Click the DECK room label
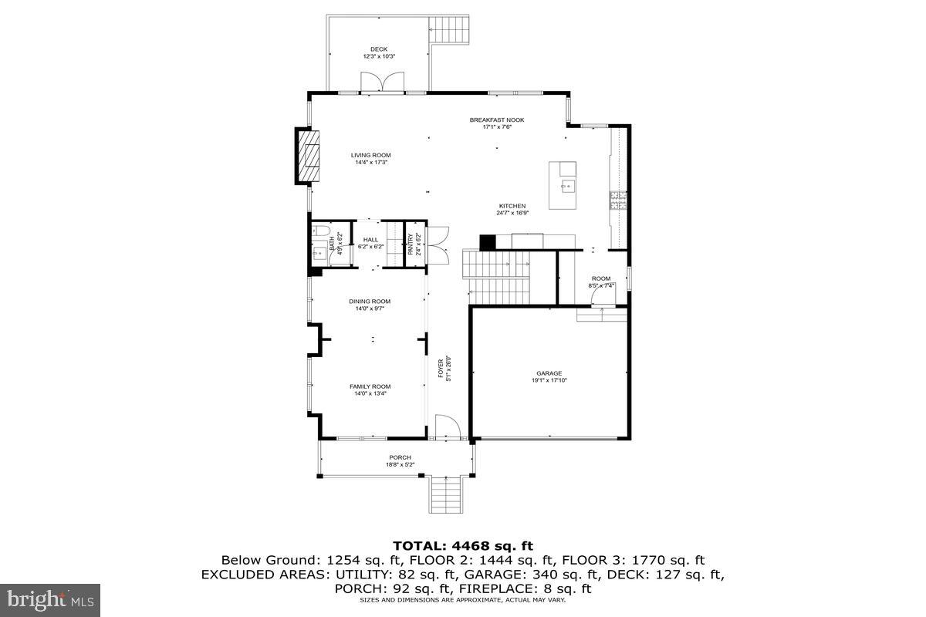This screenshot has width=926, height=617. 379,49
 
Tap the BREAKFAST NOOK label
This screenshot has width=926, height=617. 497,120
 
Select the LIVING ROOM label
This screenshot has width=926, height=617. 371,155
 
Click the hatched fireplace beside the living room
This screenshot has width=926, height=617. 309,157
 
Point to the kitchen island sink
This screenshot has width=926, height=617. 567,184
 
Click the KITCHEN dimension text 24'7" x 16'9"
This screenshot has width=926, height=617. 512,213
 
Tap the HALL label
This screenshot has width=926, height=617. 371,240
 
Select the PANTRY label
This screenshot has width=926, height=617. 411,244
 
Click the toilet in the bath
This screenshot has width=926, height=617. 320,231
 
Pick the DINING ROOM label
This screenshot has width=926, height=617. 370,302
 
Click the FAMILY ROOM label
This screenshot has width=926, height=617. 370,386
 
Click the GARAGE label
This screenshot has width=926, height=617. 549,373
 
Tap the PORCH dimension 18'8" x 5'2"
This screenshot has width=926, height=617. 400,464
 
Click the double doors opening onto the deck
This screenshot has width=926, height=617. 382,82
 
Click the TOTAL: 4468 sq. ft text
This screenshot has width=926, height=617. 463,545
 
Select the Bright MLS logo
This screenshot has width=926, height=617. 50,598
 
